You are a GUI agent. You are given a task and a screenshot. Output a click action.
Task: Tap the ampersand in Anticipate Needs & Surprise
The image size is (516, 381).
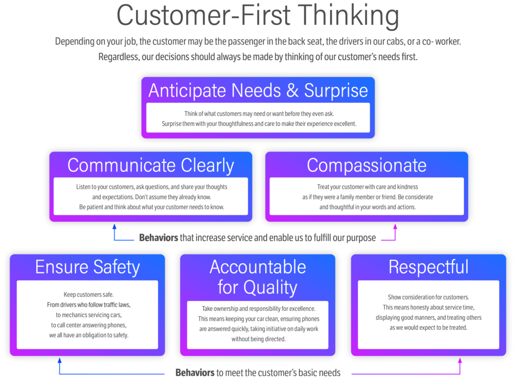[292, 91]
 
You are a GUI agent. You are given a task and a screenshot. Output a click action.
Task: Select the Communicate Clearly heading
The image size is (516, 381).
[151, 166]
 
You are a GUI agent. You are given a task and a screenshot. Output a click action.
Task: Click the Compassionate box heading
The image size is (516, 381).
[367, 166]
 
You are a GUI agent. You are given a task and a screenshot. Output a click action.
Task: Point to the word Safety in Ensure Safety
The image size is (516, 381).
[116, 267]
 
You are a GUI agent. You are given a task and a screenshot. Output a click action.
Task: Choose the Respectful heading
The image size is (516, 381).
[428, 267]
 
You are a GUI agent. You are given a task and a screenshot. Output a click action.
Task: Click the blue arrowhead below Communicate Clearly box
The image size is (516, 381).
[114, 226]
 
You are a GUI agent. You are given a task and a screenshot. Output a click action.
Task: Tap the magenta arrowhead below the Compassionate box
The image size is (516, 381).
[395, 226]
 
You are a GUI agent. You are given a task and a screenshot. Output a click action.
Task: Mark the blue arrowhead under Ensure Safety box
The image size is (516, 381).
[59, 360]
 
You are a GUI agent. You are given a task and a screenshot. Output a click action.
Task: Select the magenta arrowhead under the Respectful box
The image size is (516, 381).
[460, 360]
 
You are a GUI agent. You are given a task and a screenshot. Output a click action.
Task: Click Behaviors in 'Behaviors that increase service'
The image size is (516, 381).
[159, 238]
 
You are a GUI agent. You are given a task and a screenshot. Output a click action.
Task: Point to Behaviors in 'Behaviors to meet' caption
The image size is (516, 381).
[195, 372]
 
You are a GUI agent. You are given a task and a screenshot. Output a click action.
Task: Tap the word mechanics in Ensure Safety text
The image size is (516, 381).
[75, 315]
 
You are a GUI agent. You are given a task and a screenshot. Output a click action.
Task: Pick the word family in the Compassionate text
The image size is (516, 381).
[351, 197]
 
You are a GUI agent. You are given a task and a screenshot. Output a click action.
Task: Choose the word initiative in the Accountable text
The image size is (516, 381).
[275, 329]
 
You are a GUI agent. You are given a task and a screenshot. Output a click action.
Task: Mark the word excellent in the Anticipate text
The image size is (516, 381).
[344, 124]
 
